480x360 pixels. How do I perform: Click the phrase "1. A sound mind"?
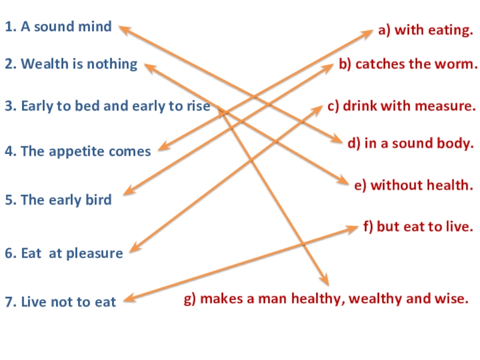(x=58, y=26)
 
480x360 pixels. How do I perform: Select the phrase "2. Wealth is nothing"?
(x=71, y=64)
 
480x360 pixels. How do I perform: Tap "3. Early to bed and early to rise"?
(x=107, y=106)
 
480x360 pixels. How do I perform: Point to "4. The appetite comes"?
(x=78, y=151)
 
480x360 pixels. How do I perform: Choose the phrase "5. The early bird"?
(x=58, y=200)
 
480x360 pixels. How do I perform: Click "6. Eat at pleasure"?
(x=64, y=253)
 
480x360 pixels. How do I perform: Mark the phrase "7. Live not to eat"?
(x=60, y=302)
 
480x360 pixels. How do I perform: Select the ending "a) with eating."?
(x=425, y=29)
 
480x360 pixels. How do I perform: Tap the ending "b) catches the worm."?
(x=408, y=64)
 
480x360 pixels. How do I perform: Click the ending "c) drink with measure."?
(x=401, y=106)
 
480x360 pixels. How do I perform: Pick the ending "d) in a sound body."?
(x=411, y=143)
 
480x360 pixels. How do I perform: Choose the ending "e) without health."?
(x=413, y=185)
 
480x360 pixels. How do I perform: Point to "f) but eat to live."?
(x=418, y=227)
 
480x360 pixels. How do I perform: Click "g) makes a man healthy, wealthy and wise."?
(x=326, y=298)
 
